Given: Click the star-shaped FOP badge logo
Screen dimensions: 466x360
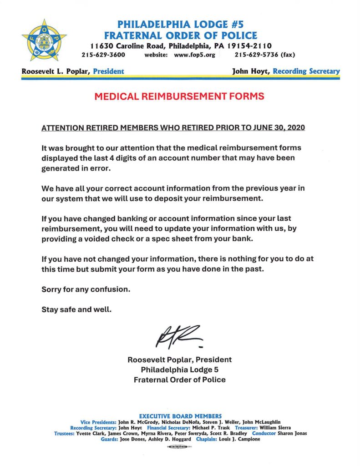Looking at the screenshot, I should [x=44, y=41].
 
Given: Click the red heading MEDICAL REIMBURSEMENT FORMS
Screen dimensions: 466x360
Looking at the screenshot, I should [x=179, y=96].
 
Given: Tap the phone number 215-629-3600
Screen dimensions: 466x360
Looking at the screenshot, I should [x=104, y=55].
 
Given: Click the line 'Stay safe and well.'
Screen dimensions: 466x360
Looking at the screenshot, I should [x=76, y=310].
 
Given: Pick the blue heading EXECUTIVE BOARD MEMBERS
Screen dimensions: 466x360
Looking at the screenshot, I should [x=180, y=416].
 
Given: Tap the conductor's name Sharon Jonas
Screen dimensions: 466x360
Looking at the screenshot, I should [x=292, y=434].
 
